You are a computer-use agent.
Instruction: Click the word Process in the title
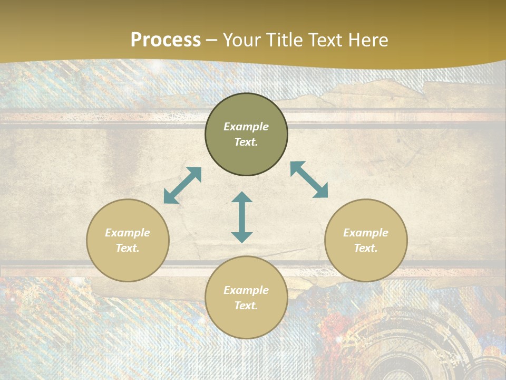click(x=166, y=40)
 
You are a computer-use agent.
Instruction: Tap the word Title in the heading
click(x=283, y=40)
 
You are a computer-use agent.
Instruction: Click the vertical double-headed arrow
click(x=242, y=217)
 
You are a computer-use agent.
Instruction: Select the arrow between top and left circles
click(x=182, y=185)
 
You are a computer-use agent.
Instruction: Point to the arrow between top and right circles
click(x=309, y=179)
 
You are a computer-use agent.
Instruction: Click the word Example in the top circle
click(x=246, y=127)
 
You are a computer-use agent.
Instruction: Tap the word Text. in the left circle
click(x=128, y=248)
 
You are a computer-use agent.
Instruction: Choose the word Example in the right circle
click(x=366, y=233)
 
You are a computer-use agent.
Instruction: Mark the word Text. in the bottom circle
click(x=246, y=306)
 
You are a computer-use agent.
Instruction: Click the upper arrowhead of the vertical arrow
click(x=242, y=197)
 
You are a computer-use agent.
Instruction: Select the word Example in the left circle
click(x=128, y=233)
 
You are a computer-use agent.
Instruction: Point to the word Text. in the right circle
click(x=366, y=248)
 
